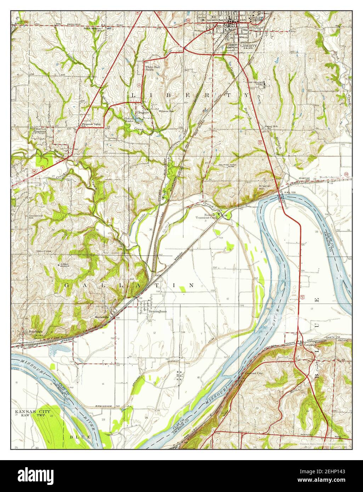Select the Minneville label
(101, 317)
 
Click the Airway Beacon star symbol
(58, 265)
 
